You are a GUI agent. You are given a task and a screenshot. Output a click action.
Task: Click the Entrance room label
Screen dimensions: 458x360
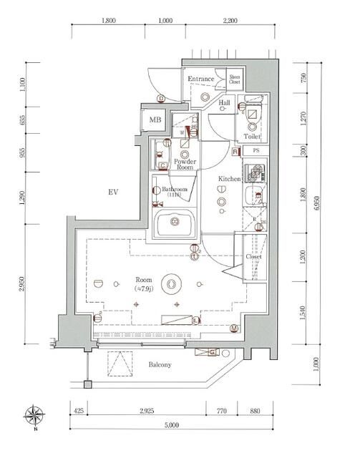point(201,79)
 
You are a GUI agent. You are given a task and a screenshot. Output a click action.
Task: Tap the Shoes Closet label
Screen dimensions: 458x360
point(234,80)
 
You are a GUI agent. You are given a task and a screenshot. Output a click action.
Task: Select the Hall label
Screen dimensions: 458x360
point(224,102)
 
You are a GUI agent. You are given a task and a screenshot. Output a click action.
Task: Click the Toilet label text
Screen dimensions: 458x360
point(251,135)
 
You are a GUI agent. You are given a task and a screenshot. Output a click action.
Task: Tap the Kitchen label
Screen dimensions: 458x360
point(228,178)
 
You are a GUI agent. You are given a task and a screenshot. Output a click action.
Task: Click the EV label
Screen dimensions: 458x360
point(112,192)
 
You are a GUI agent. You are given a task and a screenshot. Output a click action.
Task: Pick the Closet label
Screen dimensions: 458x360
point(254,255)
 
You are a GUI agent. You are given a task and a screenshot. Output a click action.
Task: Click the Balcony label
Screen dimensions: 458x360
point(160,365)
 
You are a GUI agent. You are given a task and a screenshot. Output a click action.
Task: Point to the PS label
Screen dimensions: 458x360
point(256,150)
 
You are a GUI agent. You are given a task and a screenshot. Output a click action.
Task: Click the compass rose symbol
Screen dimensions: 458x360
point(35,415)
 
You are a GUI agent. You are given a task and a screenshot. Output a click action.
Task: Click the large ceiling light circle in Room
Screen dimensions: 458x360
point(171,284)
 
